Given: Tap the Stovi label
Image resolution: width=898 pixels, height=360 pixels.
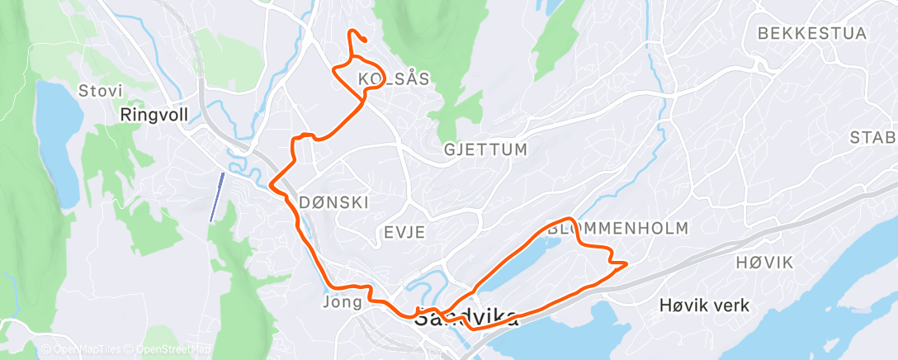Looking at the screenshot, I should pos(99,90).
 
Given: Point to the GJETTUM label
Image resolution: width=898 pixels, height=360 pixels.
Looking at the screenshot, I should pos(484,149).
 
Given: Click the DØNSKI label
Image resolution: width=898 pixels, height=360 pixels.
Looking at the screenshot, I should pos(333,202).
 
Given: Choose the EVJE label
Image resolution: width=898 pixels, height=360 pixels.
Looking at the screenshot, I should pos(404,232).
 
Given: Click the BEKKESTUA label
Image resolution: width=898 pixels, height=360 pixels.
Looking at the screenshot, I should pos(811,34).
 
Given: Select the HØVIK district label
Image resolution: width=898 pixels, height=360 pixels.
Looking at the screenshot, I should pos(763,263).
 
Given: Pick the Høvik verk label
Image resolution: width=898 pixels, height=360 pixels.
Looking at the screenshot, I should pos(705,306).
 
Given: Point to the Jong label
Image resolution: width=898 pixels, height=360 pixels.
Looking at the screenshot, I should pos(343,302).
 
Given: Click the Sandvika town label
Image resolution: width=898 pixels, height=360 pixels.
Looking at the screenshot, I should pos(467,318).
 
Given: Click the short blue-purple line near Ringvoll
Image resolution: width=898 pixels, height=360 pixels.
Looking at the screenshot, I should pos(216,197).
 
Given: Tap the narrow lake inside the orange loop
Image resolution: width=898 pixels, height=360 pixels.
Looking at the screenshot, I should pos(513,265).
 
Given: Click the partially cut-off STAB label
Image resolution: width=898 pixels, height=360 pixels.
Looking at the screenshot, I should pos(875,137).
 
